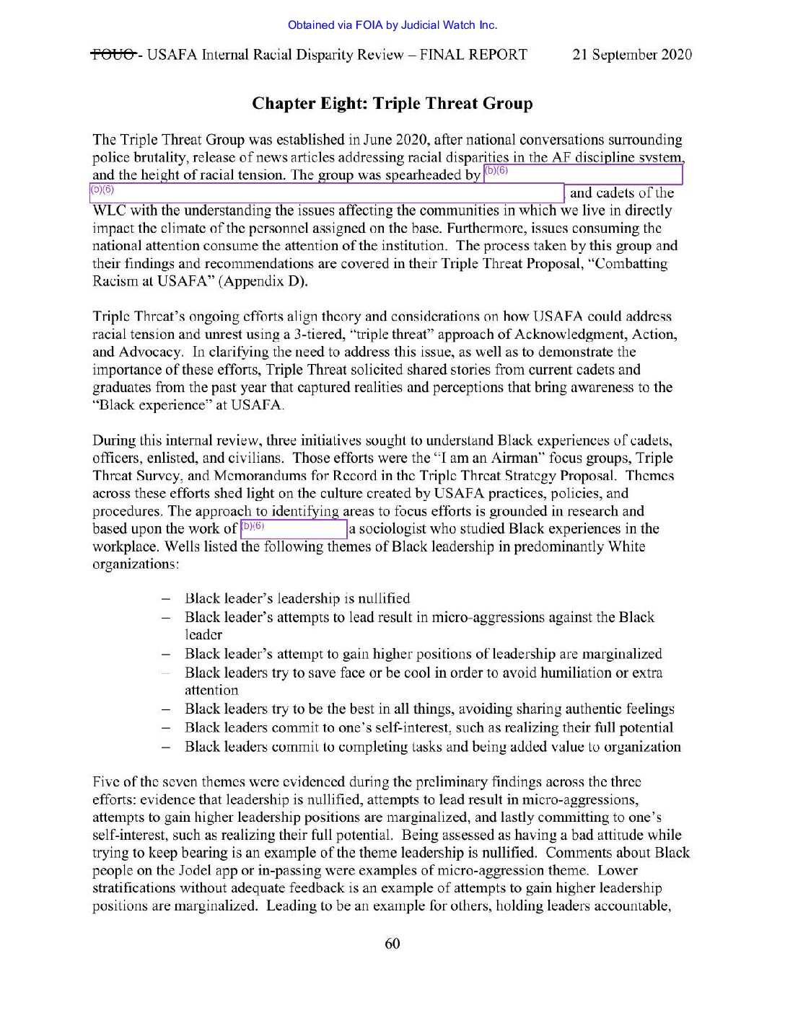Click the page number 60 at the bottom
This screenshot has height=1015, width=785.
[392, 944]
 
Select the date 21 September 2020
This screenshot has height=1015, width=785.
[632, 55]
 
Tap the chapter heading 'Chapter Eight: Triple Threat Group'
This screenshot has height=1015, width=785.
[392, 104]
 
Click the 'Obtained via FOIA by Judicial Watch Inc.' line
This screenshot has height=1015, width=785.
[392, 25]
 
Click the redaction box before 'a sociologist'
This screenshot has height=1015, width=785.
[293, 529]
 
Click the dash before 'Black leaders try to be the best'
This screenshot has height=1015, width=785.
[166, 709]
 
